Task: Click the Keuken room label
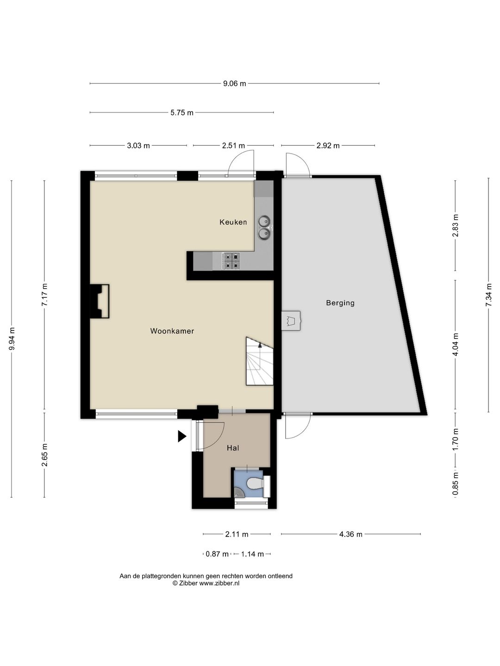pyautogui.click(x=233, y=222)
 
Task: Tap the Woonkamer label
pyautogui.click(x=172, y=331)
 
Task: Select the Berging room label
pyautogui.click(x=340, y=303)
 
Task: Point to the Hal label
pyautogui.click(x=233, y=448)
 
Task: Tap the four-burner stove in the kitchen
pyautogui.click(x=231, y=261)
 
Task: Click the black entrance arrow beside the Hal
pyautogui.click(x=182, y=436)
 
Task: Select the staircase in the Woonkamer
pyautogui.click(x=260, y=361)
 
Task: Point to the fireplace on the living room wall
pyautogui.click(x=100, y=301)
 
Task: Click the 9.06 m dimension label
pyautogui.click(x=234, y=83)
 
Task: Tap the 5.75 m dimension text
pyautogui.click(x=181, y=112)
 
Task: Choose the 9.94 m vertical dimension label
pyautogui.click(x=12, y=339)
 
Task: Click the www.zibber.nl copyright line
pyautogui.click(x=206, y=583)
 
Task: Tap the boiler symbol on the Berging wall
pyautogui.click(x=291, y=321)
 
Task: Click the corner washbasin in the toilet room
pyautogui.click(x=239, y=492)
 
